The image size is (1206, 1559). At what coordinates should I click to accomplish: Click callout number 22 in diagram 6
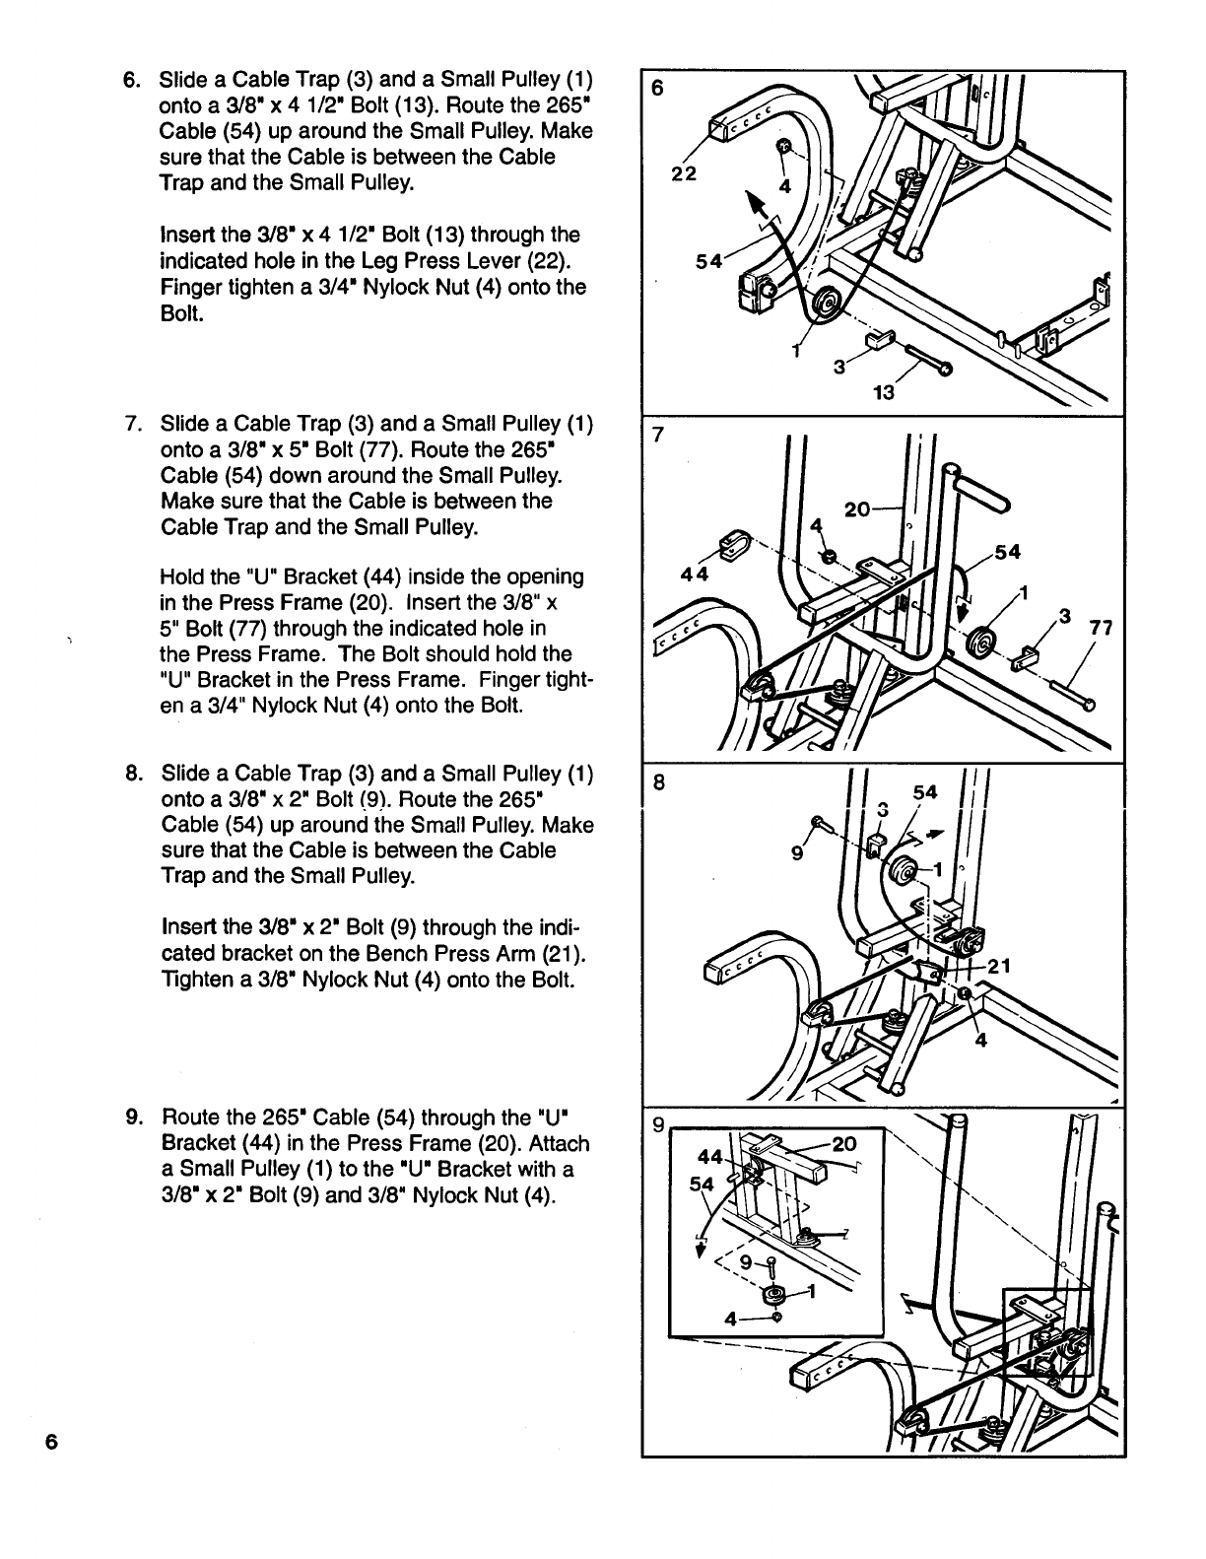tap(684, 173)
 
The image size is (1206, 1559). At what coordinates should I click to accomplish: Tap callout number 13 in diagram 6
tap(884, 393)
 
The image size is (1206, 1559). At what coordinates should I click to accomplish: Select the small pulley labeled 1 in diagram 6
tap(824, 303)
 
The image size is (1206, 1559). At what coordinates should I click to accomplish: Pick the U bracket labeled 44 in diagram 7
tap(731, 543)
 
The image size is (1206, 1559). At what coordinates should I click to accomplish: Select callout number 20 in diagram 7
tap(858, 509)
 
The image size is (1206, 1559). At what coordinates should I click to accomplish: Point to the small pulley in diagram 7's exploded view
tap(983, 642)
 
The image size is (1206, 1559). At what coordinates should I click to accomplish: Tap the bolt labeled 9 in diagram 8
tap(818, 822)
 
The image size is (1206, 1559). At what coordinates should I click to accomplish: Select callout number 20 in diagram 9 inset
tap(845, 1144)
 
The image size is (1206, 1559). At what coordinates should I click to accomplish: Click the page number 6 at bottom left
tap(51, 1441)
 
